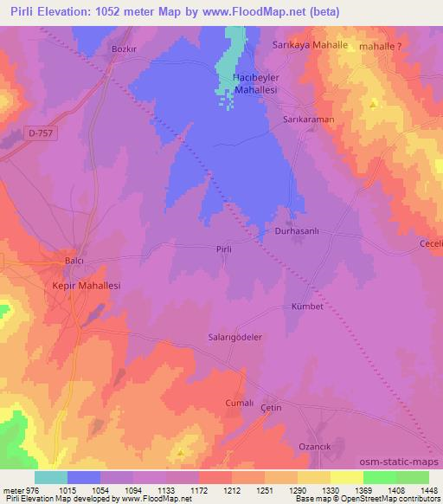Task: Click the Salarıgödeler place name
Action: (235, 338)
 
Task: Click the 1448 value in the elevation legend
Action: (427, 490)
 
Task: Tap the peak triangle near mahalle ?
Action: (373, 104)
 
